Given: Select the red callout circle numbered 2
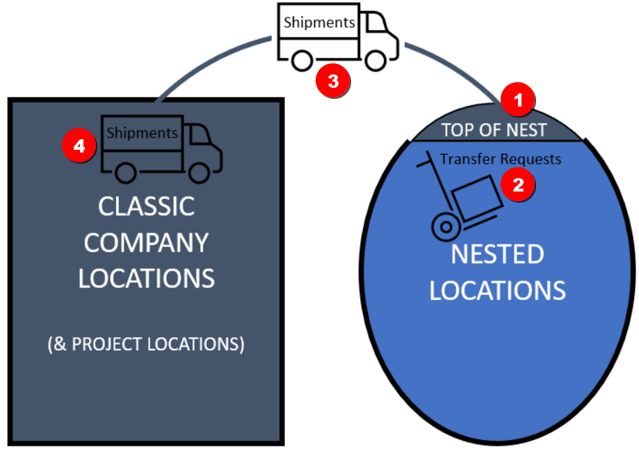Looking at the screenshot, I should click(518, 185).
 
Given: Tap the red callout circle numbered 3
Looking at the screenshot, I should click(333, 80).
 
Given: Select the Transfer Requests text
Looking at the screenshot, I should click(501, 159).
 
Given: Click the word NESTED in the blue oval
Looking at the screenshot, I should click(497, 254).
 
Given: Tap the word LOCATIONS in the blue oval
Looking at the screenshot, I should click(497, 290).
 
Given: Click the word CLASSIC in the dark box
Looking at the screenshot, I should click(146, 207).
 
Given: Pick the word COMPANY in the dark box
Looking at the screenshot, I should click(146, 242).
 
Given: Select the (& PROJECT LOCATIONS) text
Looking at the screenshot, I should click(146, 345).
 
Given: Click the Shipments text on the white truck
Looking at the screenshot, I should click(319, 22).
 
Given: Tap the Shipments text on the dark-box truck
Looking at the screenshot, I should click(143, 132).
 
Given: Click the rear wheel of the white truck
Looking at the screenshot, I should click(302, 61).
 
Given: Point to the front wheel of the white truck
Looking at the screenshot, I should click(375, 61).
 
